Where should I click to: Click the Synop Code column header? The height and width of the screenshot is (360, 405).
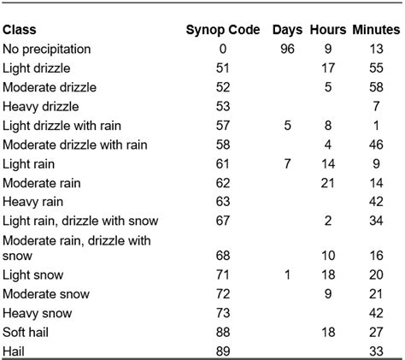pos(222,30)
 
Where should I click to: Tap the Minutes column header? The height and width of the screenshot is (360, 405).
pos(376,30)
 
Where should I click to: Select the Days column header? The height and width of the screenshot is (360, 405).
pos(288,30)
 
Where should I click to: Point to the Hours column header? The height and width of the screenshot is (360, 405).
pos(328,30)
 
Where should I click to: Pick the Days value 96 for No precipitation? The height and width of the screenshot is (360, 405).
pos(288,49)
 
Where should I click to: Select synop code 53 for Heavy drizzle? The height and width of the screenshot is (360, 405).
pos(222,106)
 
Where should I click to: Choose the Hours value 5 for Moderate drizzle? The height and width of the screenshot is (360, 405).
pos(328,87)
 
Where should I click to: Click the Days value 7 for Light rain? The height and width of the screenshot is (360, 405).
pos(288,163)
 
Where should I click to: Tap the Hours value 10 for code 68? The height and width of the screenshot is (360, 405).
pos(328,256)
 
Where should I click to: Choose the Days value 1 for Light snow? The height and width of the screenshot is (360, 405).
pos(288,274)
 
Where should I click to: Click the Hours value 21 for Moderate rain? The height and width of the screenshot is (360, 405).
pos(328,182)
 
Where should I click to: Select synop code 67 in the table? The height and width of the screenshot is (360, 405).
pos(222,221)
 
